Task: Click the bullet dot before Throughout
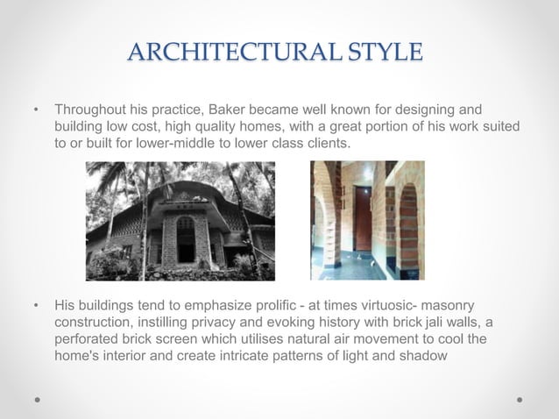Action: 36,111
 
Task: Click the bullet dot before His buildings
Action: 36,306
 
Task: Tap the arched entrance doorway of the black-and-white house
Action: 185,238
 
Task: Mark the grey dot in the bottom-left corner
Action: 37,399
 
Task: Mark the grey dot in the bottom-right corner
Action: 520,399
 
